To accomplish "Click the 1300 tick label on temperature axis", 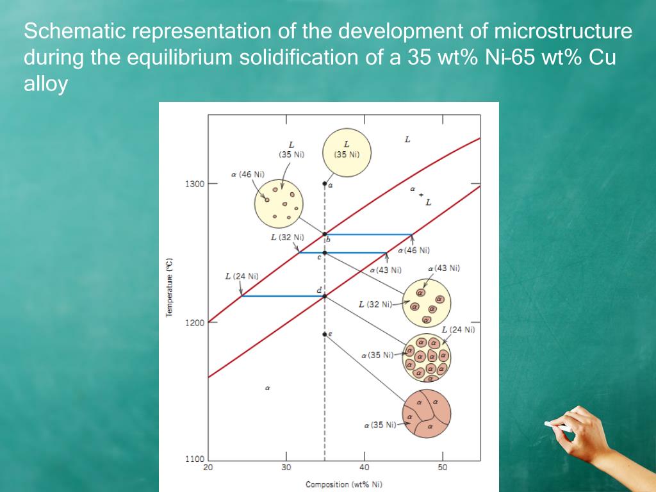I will click(195, 184).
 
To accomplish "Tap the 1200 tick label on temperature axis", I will click(195, 322).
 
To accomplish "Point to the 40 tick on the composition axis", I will click(364, 467).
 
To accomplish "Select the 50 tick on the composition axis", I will click(443, 467).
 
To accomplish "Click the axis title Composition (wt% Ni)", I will click(343, 484).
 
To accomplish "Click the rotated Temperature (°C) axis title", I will click(169, 288).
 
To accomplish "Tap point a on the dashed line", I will click(325, 184).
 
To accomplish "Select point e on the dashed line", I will click(325, 334).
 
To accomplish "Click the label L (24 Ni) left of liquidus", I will click(242, 276).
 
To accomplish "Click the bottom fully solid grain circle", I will click(427, 413).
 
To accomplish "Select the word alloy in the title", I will click(45, 84).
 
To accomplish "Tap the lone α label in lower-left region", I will click(268, 388).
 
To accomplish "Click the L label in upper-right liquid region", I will click(407, 139).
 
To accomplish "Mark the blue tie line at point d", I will click(282, 296).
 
